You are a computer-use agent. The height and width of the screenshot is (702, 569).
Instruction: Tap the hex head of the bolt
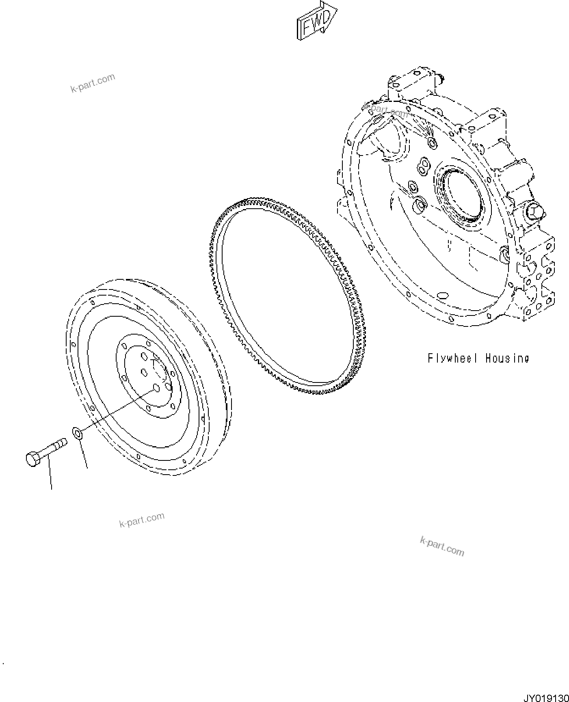click(33, 458)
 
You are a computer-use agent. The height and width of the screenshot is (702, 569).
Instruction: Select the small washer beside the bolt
click(77, 433)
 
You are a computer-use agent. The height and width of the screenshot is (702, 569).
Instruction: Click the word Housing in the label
click(508, 358)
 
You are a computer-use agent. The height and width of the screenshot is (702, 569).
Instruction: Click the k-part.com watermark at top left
click(93, 83)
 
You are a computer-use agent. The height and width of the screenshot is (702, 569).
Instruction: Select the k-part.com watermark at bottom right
click(442, 546)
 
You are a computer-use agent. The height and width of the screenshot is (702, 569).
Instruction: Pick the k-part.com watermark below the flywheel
click(142, 520)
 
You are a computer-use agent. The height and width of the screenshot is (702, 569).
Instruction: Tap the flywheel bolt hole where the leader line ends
click(156, 389)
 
